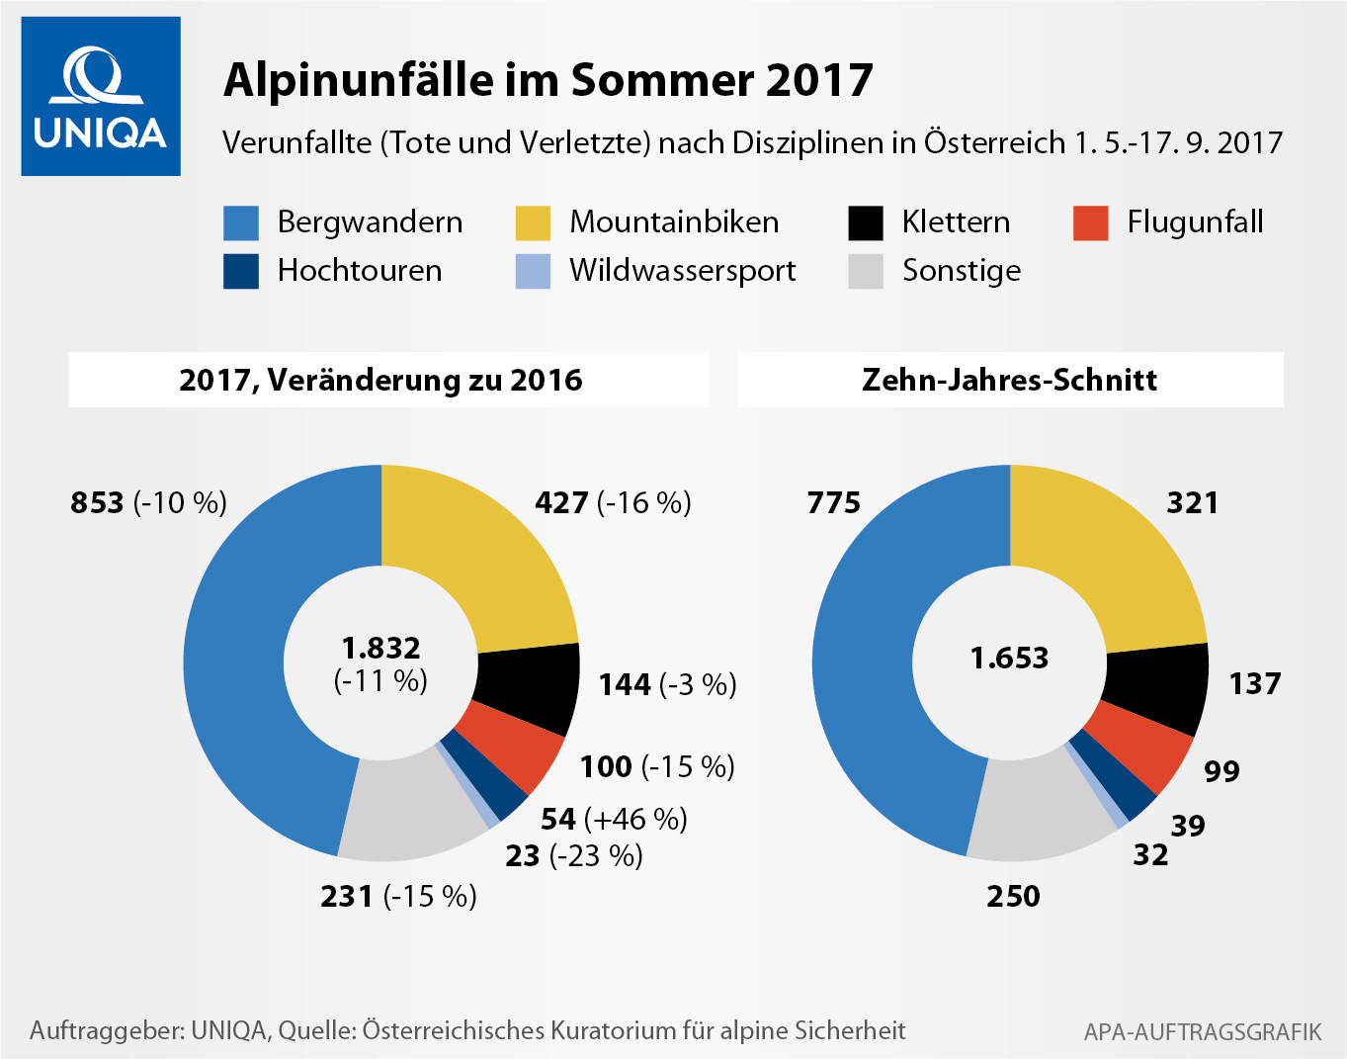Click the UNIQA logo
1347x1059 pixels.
[x=101, y=97]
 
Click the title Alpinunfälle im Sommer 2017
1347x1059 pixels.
[x=547, y=80]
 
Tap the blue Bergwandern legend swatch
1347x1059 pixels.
[x=241, y=222]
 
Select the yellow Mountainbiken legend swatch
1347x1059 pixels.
[x=533, y=222]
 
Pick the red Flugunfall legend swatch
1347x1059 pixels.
[x=1090, y=222]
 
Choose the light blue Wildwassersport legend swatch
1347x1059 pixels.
[x=533, y=271]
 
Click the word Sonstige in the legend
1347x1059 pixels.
[x=961, y=271]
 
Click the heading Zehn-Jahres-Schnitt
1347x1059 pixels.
[x=1009, y=380]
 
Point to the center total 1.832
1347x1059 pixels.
[x=381, y=649]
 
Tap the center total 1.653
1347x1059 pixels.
[x=1009, y=658]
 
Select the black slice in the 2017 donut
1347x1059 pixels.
[x=530, y=686]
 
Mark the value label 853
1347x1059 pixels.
[x=97, y=502]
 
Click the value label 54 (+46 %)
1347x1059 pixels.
[x=614, y=819]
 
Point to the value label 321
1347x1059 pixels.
[x=1192, y=502]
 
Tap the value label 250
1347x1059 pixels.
[x=1013, y=896]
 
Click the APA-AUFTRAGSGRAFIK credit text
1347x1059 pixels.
[x=1202, y=1032]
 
